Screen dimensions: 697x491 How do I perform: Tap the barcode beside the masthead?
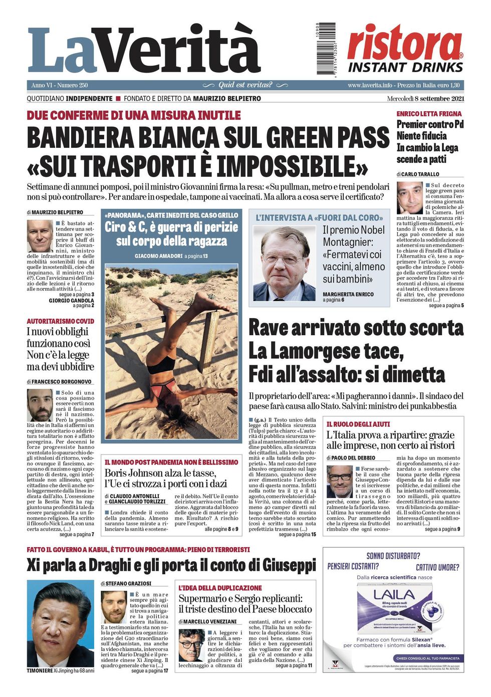326,48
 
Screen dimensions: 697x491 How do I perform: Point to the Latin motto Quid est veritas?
245,85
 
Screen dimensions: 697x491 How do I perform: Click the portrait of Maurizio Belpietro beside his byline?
40,236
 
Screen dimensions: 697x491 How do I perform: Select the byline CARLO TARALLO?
421,174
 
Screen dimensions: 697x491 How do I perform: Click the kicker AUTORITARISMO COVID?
60,321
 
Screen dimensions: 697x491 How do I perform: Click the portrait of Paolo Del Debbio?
339,482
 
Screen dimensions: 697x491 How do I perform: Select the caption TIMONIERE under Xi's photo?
40,670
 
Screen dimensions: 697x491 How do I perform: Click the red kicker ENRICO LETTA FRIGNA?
429,114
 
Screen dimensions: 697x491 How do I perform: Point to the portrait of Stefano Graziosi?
114,607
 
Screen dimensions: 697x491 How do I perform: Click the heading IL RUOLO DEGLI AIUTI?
358,424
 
